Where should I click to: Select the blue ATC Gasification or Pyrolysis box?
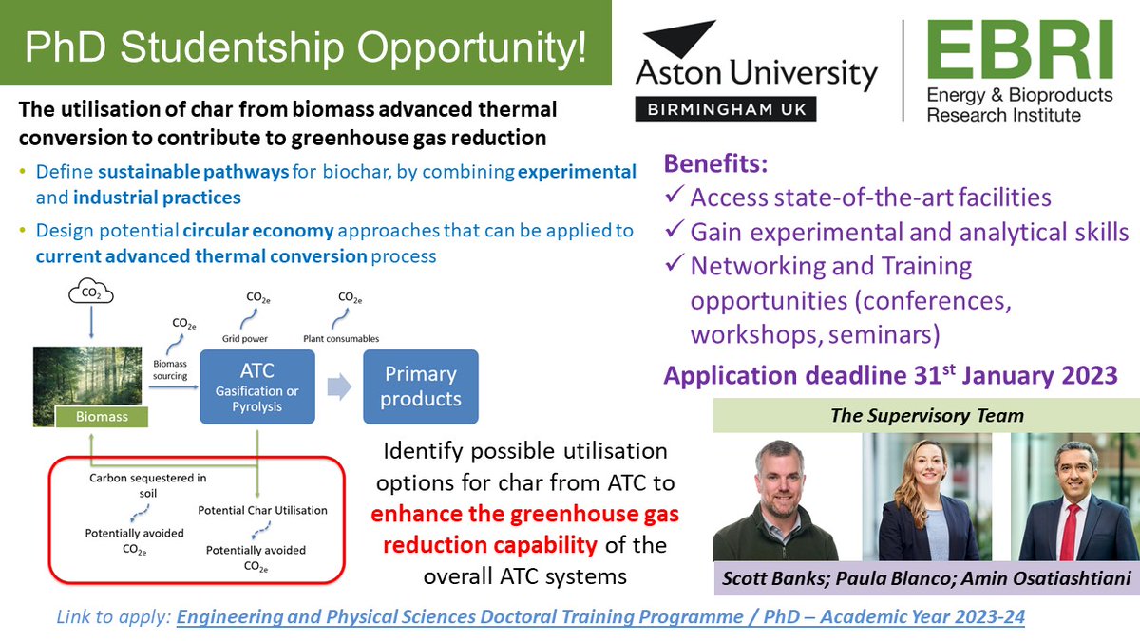(x=256, y=386)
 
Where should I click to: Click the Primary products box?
(x=421, y=386)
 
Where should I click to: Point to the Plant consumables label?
(x=341, y=338)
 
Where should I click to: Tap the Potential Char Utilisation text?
(x=262, y=510)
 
